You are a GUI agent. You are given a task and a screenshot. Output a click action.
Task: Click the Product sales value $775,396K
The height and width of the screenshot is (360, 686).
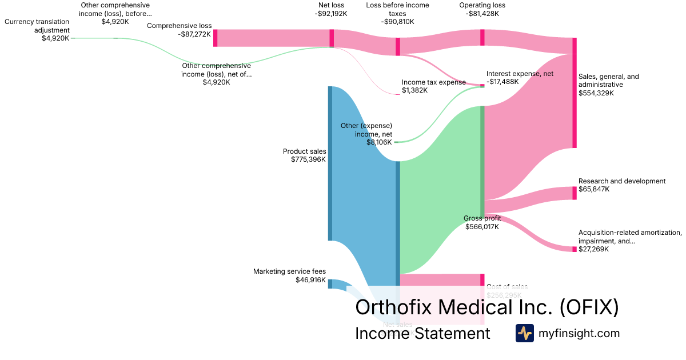coord(308,159)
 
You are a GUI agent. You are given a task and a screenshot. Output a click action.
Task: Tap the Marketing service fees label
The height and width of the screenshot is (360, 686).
coord(289,271)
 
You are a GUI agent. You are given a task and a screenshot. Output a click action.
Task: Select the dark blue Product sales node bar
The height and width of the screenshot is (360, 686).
coord(330,163)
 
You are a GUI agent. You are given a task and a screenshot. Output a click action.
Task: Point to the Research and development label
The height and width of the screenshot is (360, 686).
coord(622,181)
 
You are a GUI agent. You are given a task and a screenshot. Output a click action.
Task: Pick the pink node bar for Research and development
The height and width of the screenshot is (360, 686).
coord(575,193)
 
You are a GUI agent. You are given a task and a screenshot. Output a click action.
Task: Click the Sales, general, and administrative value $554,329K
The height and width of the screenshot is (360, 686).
coord(596,93)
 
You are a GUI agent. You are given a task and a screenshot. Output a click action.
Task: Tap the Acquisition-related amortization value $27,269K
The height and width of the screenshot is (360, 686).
coord(593,249)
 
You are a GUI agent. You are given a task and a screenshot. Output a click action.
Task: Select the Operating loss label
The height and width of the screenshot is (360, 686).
coord(482,6)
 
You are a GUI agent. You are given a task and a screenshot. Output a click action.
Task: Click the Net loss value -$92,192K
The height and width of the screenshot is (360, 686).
coord(330,14)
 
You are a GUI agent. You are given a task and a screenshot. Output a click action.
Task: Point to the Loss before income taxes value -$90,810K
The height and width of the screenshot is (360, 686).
coord(397,22)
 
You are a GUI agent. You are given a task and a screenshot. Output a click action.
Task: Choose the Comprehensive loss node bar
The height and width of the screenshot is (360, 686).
coord(215,38)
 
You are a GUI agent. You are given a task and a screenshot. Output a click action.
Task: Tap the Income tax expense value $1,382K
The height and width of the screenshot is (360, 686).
coord(414,90)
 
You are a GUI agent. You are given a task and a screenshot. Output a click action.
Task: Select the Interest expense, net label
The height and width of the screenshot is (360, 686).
coord(520,74)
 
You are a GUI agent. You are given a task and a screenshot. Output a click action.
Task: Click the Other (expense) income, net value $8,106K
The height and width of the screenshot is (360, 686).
coord(379,142)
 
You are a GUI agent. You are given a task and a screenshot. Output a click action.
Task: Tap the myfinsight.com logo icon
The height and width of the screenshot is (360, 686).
coord(524,333)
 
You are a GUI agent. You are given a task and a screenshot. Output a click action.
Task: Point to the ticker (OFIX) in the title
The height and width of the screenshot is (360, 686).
coord(588,307)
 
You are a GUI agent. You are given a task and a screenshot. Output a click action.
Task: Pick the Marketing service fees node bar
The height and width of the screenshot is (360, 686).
coord(330,283)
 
